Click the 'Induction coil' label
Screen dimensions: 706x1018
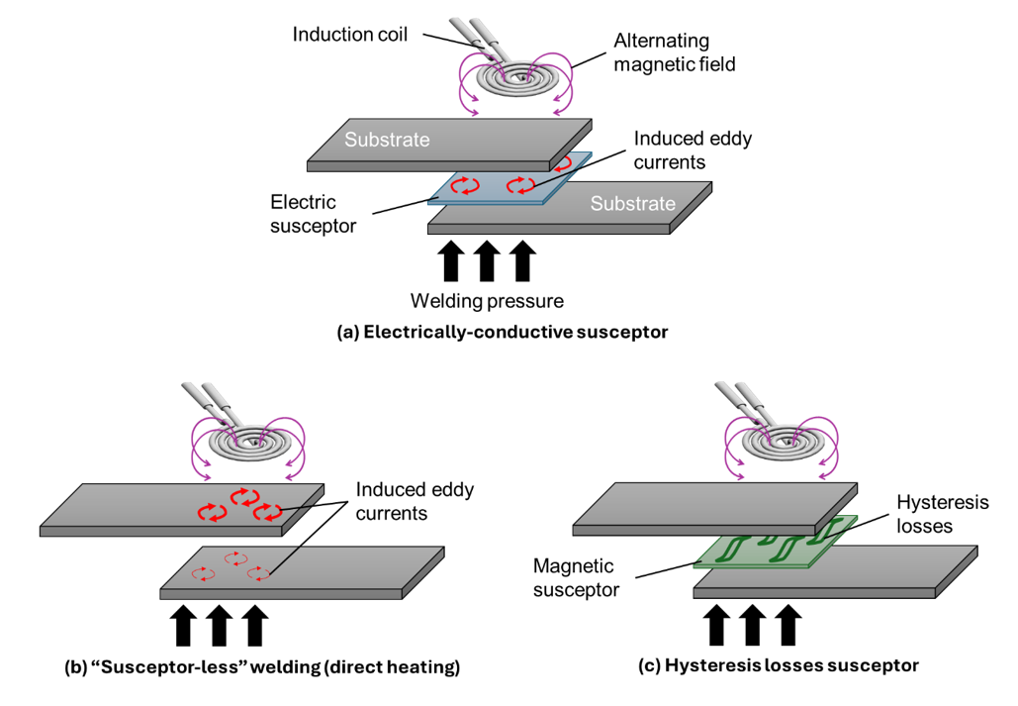click(349, 35)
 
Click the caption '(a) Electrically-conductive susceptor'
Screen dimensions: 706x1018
click(503, 333)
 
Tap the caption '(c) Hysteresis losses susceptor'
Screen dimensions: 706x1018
click(779, 665)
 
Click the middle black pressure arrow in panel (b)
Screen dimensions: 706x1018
click(219, 625)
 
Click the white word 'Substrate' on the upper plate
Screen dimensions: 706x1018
click(387, 140)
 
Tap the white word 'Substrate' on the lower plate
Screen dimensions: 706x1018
click(633, 204)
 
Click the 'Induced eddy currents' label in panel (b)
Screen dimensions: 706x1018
click(415, 502)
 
